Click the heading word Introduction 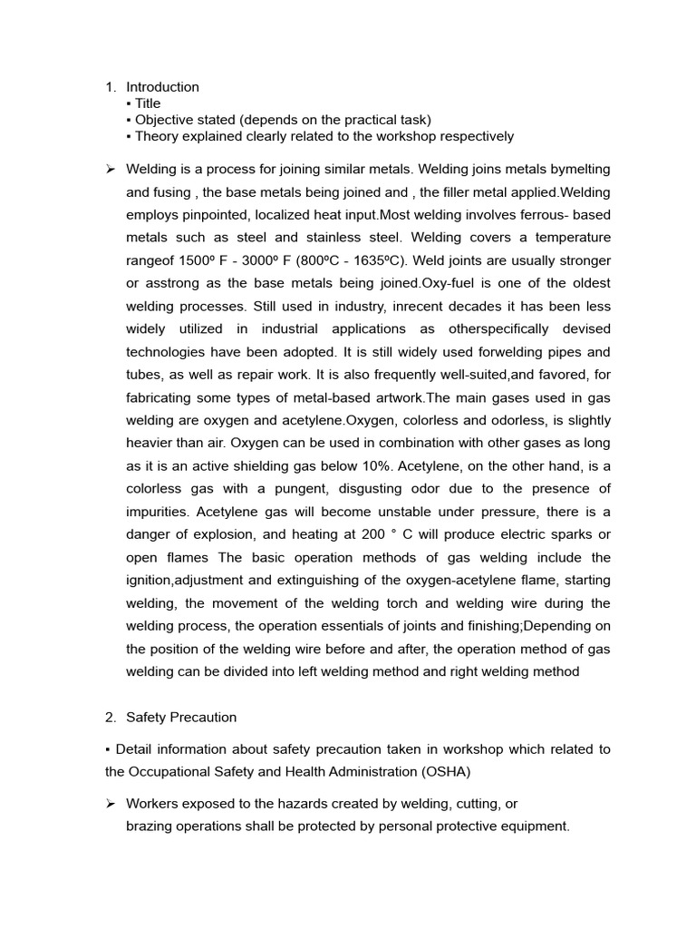click(x=162, y=87)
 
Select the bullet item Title click(x=148, y=103)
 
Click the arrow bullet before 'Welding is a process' click(x=110, y=170)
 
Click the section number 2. click(x=110, y=718)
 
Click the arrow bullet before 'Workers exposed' click(x=110, y=804)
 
